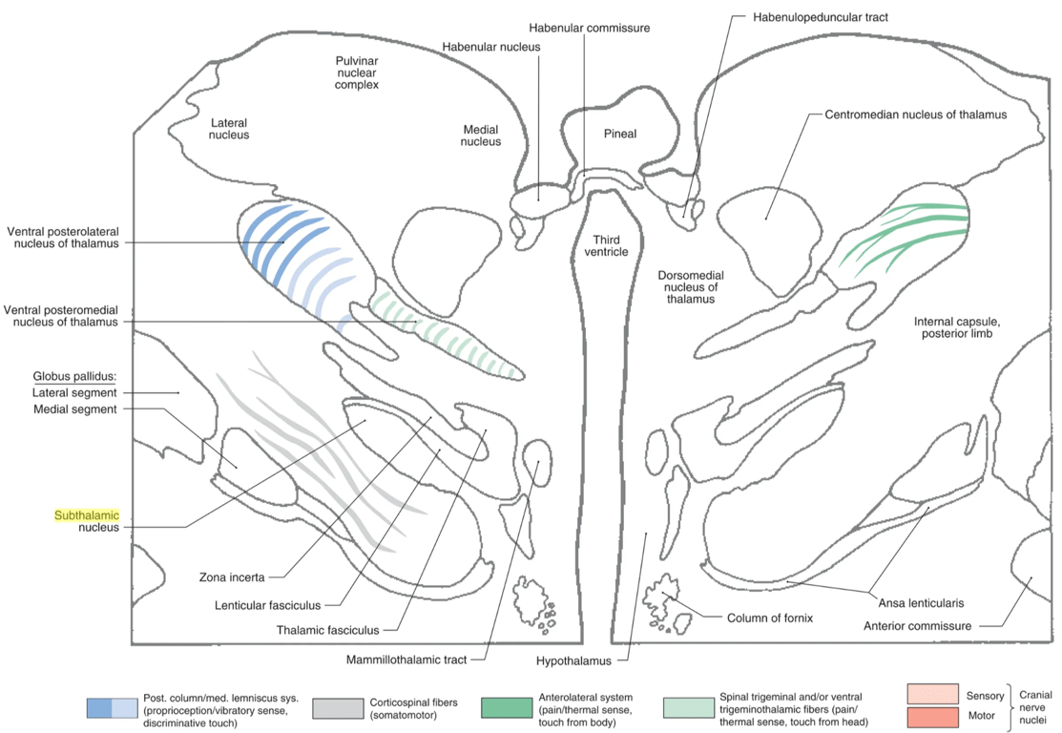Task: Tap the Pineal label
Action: point(619,134)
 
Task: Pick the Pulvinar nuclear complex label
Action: point(357,72)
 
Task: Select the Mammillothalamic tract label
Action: point(412,660)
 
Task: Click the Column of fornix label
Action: point(770,618)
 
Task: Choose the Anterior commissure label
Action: point(917,626)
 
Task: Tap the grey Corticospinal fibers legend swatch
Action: point(337,707)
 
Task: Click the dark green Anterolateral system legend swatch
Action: point(506,707)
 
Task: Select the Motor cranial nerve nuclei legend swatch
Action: point(931,716)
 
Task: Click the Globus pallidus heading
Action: point(73,376)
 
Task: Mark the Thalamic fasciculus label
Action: point(327,630)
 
